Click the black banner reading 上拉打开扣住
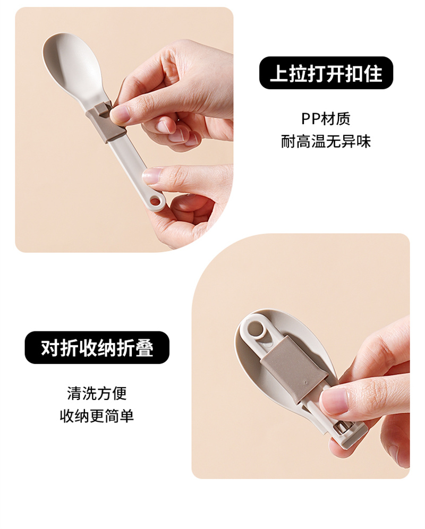click(326, 73)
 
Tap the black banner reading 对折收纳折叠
click(97, 347)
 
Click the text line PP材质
click(326, 118)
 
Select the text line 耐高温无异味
click(326, 141)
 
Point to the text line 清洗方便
click(97, 393)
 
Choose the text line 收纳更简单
click(97, 416)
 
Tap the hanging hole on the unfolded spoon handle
click(156, 202)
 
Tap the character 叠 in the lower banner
click(144, 348)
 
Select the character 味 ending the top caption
click(363, 141)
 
